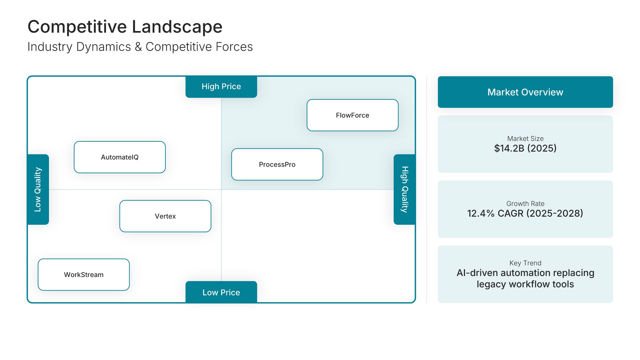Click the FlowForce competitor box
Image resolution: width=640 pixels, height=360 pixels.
352,115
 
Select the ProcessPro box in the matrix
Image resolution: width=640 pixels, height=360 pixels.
277,164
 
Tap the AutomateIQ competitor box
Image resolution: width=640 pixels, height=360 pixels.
120,157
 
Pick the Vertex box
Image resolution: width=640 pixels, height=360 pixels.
165,216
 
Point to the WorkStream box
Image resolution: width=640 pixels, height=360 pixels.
84,275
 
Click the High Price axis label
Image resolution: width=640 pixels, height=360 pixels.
221,87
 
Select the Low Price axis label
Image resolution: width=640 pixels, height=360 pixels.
221,292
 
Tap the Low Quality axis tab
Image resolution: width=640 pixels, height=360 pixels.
38,189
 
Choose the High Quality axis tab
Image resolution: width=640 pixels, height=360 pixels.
404,189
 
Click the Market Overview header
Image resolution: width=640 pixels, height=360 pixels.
525,92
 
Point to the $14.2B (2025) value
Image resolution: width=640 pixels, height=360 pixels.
525,148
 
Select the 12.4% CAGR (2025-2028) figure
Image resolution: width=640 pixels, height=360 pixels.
525,213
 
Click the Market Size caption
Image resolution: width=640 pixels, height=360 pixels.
525,139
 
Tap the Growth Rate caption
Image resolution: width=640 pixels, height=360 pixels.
525,204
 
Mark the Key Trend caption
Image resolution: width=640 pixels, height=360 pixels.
525,263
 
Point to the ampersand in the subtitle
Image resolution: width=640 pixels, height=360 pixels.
138,47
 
